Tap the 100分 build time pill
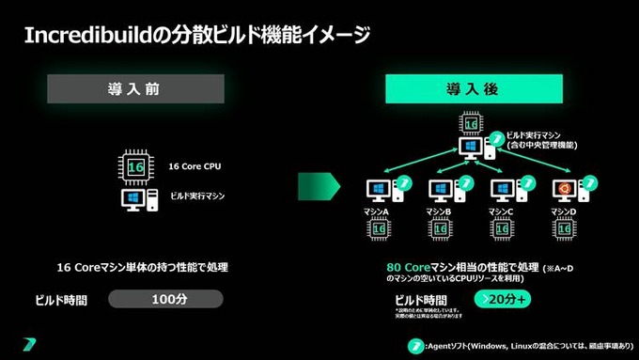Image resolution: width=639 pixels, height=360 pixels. coord(165,299)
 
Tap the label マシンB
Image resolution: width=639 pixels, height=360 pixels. coord(439,212)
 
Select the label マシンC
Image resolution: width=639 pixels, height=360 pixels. coord(501,212)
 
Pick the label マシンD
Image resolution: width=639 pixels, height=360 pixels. coord(563,212)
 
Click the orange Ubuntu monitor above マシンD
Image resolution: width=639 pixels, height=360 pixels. coord(565,188)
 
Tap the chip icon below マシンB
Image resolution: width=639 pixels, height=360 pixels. coord(441,229)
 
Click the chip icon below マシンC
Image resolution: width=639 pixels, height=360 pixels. coord(503,229)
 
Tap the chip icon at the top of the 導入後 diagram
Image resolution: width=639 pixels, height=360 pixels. coord(470,123)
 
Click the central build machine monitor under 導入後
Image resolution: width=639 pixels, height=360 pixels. coord(469,149)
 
